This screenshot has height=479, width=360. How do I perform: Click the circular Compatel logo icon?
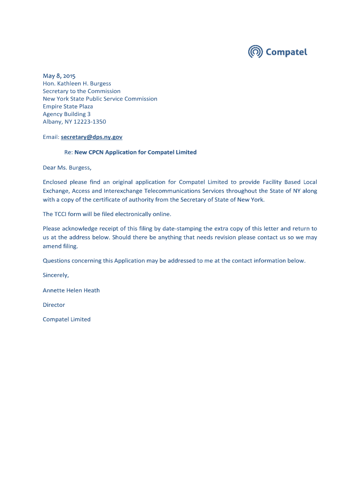coord(255,52)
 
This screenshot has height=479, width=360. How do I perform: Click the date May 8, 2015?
coord(59,76)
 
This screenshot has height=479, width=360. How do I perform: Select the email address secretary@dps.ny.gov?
coord(91,137)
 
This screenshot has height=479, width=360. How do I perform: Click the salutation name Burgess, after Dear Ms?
coord(80,167)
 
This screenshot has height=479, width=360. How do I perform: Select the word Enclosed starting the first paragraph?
coord(55,182)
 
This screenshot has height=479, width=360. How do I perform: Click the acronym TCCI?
coord(62,214)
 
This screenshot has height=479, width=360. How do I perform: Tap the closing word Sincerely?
coord(56,276)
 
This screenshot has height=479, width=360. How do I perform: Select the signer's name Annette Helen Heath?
coord(71,290)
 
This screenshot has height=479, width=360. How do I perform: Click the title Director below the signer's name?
coord(54,305)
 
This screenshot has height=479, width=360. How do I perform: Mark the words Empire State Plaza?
coord(68,107)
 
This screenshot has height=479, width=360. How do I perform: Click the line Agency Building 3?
coord(66,114)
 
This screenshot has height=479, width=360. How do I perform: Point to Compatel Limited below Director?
coord(66,319)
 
